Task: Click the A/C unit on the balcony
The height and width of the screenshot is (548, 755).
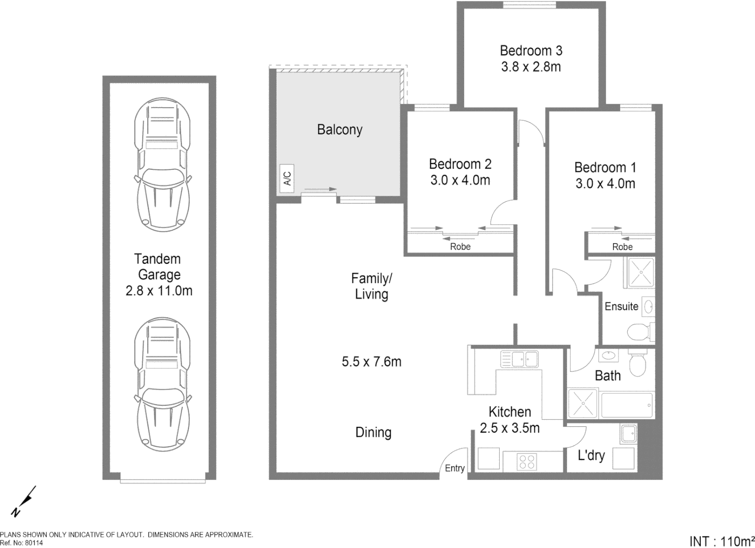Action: pyautogui.click(x=287, y=179)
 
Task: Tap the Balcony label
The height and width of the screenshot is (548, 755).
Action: pyautogui.click(x=339, y=130)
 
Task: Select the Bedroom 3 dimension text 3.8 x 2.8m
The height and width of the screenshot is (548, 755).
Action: pyautogui.click(x=531, y=67)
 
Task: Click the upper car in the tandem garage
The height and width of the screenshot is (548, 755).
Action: pyautogui.click(x=162, y=164)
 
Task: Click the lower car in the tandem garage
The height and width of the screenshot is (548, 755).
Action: pyautogui.click(x=162, y=384)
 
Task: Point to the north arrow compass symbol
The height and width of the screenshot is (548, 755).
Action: pyautogui.click(x=24, y=502)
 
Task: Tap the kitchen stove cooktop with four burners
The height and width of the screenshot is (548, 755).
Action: pyautogui.click(x=527, y=462)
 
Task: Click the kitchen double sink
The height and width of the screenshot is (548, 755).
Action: pyautogui.click(x=519, y=359)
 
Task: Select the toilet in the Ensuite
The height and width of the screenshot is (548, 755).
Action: pyautogui.click(x=640, y=332)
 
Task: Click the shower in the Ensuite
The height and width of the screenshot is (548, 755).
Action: pyautogui.click(x=640, y=272)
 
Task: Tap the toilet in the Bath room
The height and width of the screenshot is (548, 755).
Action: pyautogui.click(x=637, y=362)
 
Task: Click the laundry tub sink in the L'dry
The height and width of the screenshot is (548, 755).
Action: pyautogui.click(x=628, y=434)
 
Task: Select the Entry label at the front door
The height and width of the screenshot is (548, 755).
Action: pyautogui.click(x=455, y=468)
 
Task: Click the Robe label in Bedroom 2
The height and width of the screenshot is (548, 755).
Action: pyautogui.click(x=460, y=247)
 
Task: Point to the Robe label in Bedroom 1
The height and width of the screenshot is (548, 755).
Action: pyautogui.click(x=622, y=247)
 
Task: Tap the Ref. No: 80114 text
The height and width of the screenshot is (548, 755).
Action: pyautogui.click(x=22, y=543)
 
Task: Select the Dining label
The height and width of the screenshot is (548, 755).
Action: pyautogui.click(x=373, y=432)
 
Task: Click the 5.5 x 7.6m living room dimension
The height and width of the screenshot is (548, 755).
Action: pyautogui.click(x=371, y=362)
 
